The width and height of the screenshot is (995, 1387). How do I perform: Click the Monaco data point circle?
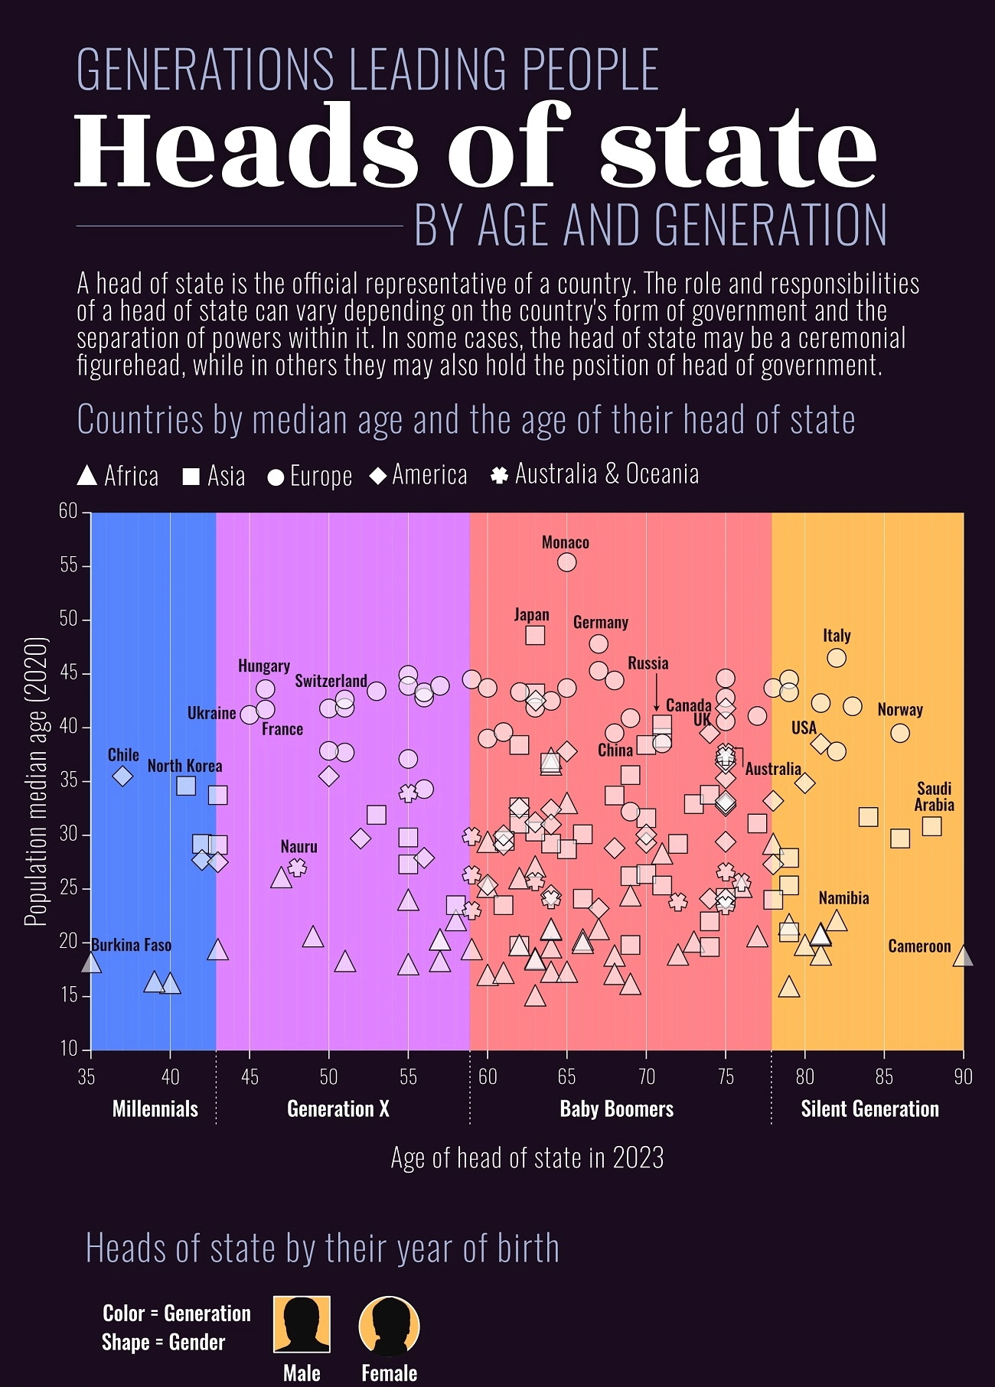tap(566, 562)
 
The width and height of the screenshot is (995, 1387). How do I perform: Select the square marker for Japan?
tap(535, 635)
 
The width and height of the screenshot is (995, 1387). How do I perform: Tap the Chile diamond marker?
tap(122, 776)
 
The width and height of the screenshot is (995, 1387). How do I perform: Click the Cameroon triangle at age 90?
tap(963, 956)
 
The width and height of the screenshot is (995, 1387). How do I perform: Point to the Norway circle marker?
tap(900, 733)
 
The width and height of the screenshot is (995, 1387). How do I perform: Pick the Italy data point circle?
tap(837, 658)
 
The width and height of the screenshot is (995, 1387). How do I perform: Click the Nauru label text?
tap(298, 847)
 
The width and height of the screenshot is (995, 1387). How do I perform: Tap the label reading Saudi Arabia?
tap(934, 796)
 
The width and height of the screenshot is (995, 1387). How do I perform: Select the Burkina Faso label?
tap(132, 945)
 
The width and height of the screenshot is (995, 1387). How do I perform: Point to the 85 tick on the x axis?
tap(884, 1077)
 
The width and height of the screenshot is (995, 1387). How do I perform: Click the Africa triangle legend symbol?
tap(87, 476)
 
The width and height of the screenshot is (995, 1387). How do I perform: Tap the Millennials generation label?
tap(155, 1109)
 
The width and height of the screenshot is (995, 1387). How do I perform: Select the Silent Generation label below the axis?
tap(869, 1109)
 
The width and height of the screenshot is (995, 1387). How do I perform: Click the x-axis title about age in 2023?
tap(527, 1157)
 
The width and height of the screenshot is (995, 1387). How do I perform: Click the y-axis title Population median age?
tap(35, 780)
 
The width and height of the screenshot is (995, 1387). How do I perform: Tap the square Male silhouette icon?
tap(302, 1324)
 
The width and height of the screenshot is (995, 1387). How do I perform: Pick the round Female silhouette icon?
tap(389, 1326)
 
